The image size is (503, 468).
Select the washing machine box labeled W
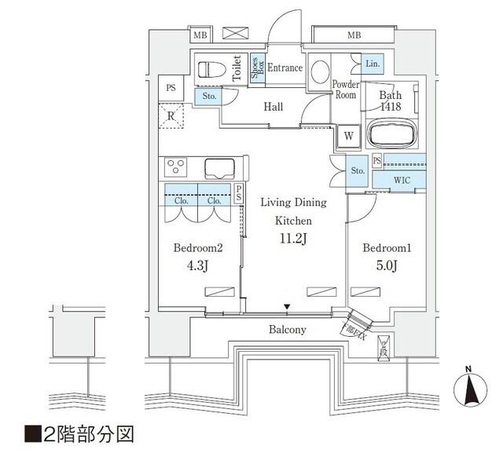[x=347, y=137]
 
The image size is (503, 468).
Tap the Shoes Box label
[x=257, y=68]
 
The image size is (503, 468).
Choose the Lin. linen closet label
[x=373, y=64]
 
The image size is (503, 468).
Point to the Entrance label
[x=285, y=68]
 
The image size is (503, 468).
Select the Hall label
[x=273, y=107]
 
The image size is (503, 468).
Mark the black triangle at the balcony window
[x=288, y=307]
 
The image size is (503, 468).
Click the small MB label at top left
[x=200, y=35]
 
